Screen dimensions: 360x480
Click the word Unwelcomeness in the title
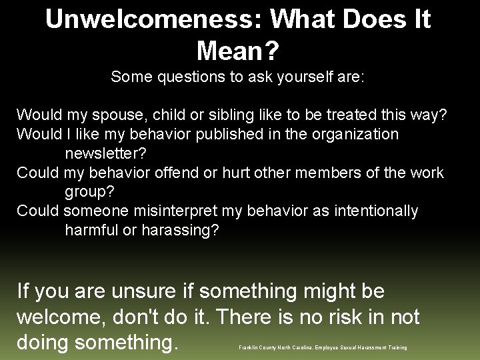point(147,19)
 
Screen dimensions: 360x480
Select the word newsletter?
point(105,153)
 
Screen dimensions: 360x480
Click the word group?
point(90,192)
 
